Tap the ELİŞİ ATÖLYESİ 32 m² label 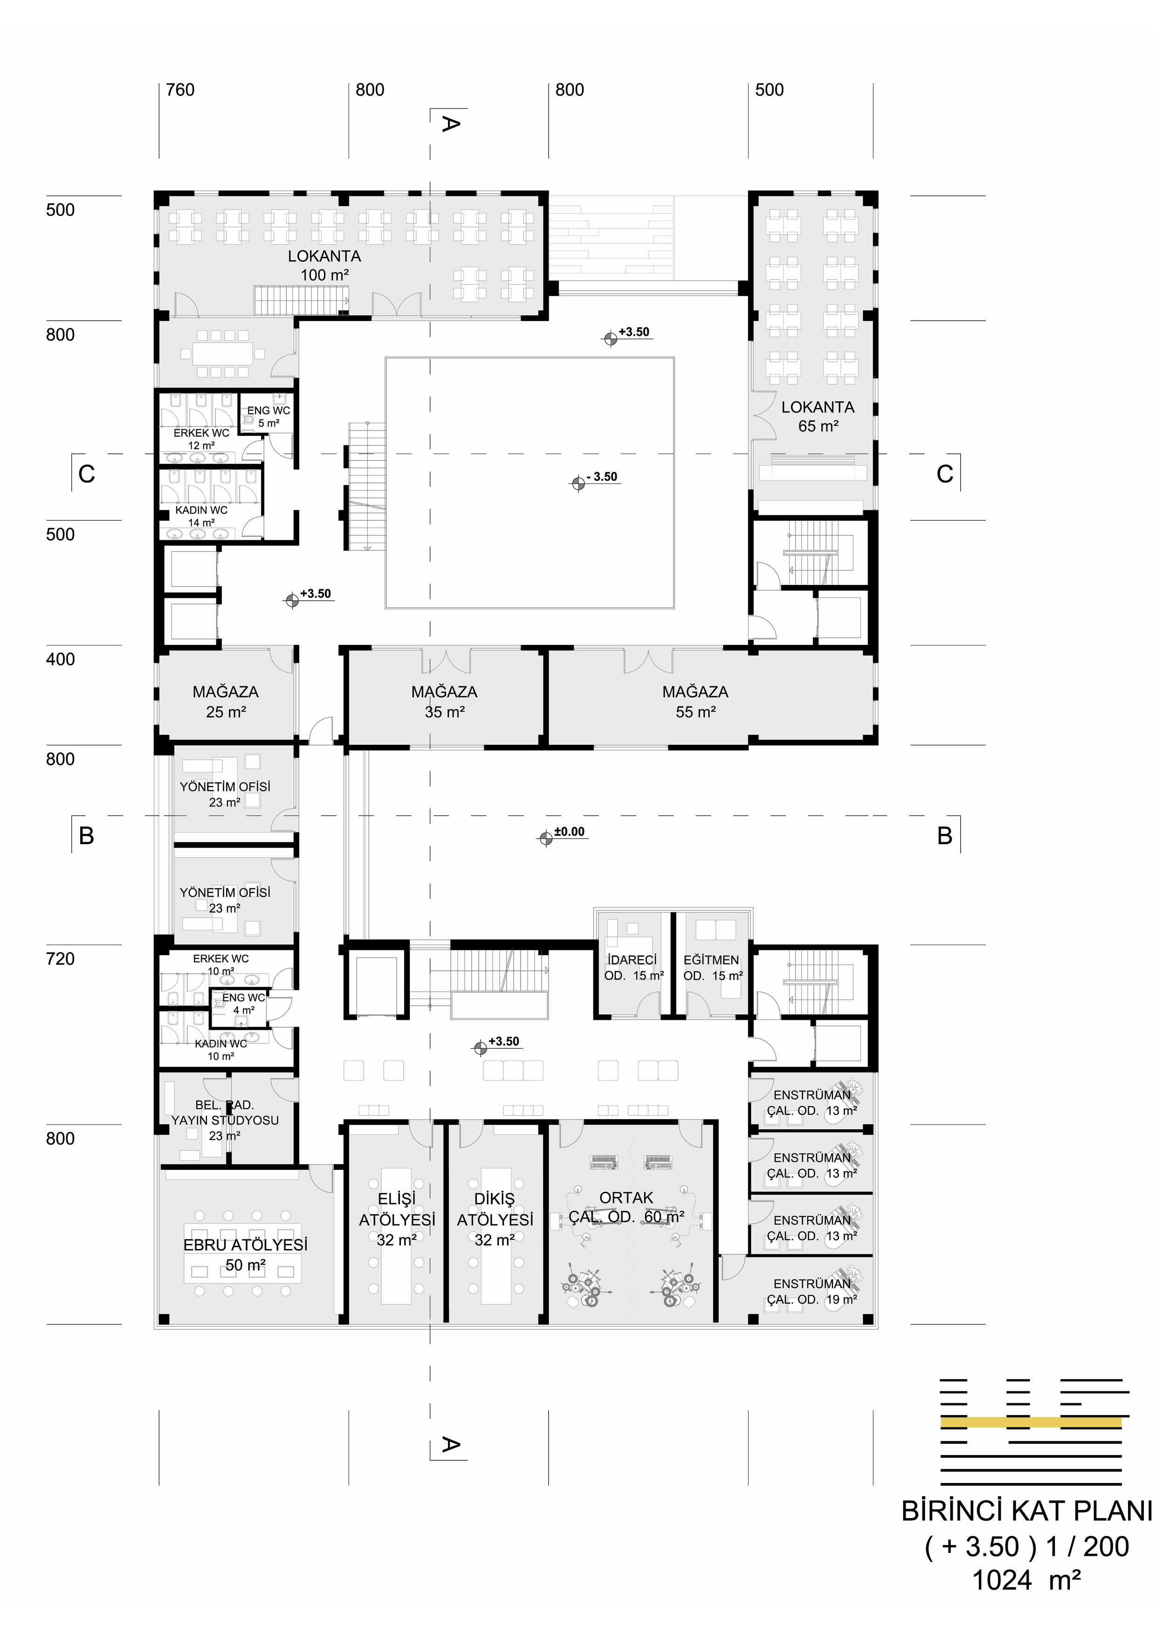[397, 1220]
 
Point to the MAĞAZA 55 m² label [695, 701]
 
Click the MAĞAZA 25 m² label [226, 701]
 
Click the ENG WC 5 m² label [268, 417]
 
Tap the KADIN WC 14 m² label [201, 516]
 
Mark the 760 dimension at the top [180, 90]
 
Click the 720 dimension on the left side [61, 959]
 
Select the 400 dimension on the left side [61, 659]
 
